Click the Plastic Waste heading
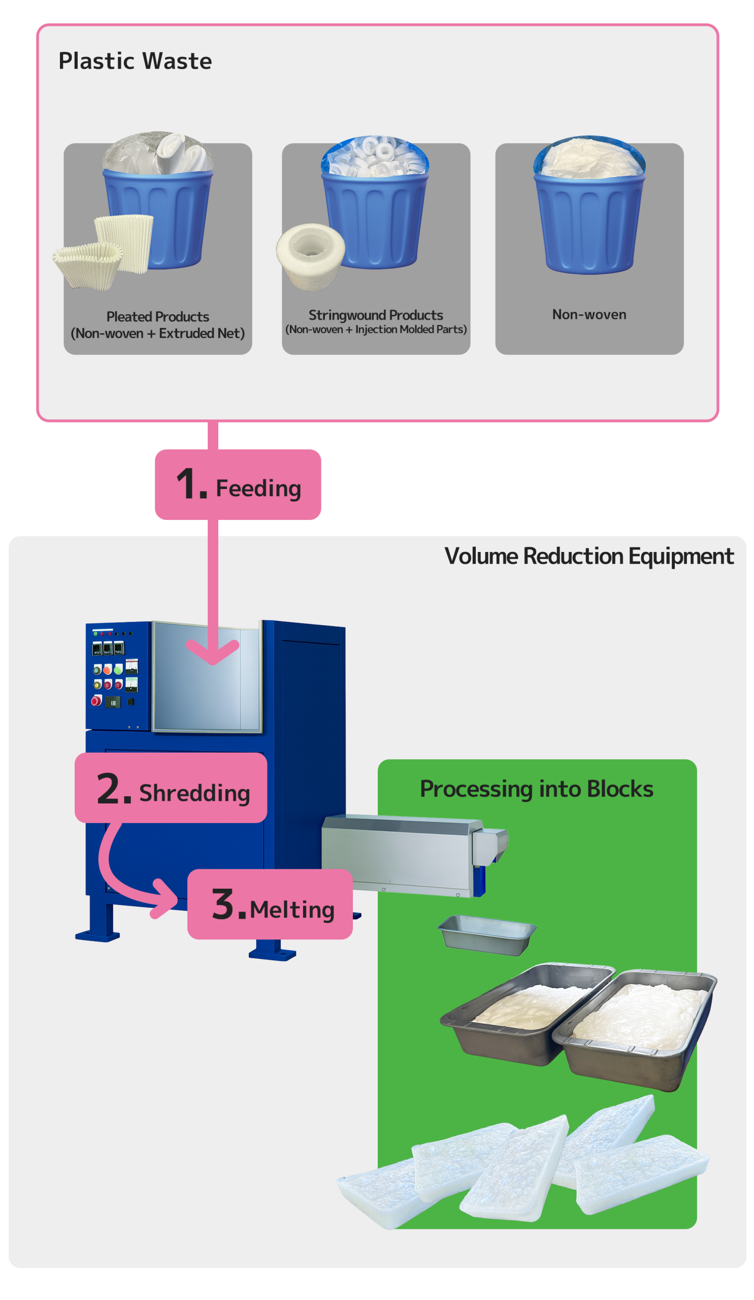[135, 61]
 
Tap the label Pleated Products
[157, 316]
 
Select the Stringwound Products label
[375, 315]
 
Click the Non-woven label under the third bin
[589, 314]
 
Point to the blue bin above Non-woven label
[589, 222]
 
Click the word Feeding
[258, 488]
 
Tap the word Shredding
[194, 793]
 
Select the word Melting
[292, 909]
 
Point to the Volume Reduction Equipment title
[588, 556]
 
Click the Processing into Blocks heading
[536, 789]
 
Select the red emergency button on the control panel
[96, 700]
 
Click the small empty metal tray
[486, 934]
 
